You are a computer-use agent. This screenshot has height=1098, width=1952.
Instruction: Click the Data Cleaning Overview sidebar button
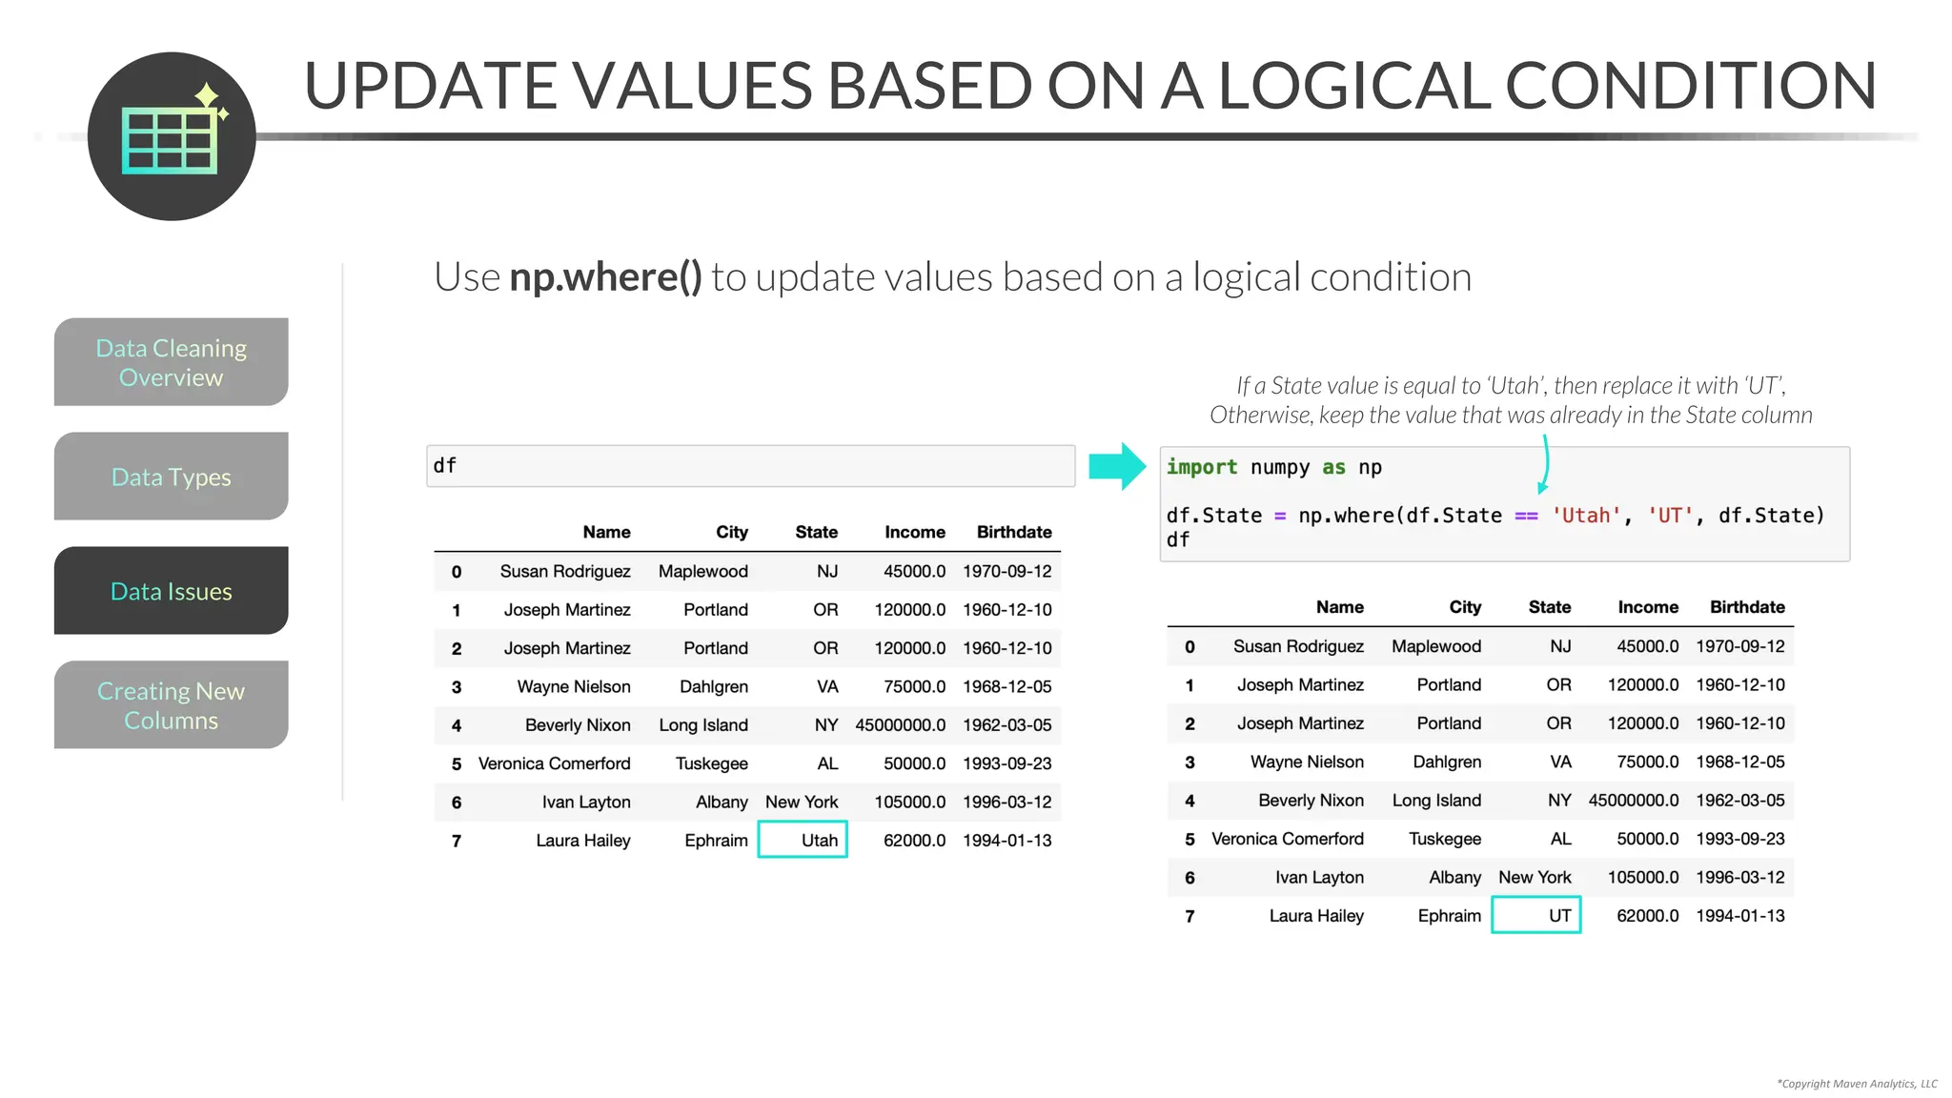coord(171,362)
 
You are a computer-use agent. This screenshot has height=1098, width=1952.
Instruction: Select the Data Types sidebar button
coord(171,477)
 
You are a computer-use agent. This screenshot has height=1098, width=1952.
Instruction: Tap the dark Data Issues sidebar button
coord(171,591)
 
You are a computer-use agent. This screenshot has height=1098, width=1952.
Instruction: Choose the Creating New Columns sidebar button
coord(171,705)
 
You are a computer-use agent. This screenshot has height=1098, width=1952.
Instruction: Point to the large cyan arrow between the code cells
coord(1117,466)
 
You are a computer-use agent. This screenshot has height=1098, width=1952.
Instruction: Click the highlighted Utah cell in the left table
coord(803,840)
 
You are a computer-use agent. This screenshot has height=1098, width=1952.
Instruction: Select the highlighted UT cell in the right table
coord(1536,915)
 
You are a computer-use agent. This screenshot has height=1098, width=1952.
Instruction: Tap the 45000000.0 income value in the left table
coord(900,725)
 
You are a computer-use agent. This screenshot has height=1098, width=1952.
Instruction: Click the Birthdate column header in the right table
coord(1746,607)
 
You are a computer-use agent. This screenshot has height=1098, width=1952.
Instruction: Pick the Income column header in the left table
coord(914,532)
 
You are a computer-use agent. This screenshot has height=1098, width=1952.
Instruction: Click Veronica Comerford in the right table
coord(1287,839)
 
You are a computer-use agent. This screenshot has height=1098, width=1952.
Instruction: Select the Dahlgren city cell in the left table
coord(713,686)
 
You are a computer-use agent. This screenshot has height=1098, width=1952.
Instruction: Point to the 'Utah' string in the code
coord(1586,516)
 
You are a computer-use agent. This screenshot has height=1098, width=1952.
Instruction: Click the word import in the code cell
coord(1201,467)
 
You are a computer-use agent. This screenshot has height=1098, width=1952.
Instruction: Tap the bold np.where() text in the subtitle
coord(605,277)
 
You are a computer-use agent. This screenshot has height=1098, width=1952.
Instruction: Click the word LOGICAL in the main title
coord(1353,86)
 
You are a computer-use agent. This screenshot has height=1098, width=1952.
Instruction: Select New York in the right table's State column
coord(1535,877)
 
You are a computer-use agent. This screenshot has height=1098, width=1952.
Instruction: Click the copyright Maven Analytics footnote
coord(1857,1084)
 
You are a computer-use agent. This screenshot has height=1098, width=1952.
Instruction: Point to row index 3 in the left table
coord(457,687)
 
